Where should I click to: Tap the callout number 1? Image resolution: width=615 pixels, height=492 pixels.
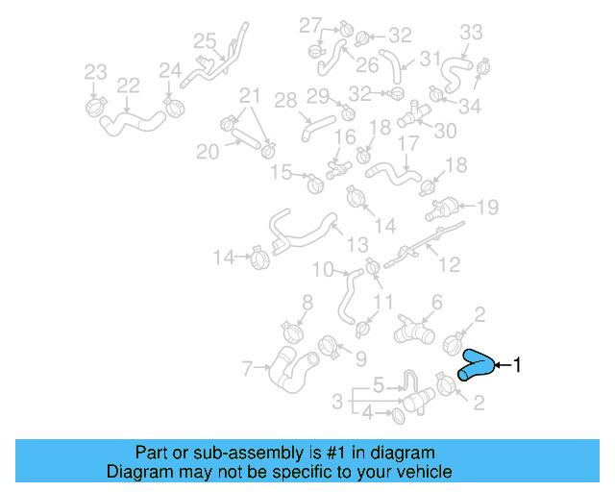(517, 365)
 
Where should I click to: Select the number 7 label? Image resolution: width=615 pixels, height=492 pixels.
(247, 367)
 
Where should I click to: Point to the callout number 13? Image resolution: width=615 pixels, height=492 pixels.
(357, 244)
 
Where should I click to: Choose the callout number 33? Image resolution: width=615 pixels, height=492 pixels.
(471, 33)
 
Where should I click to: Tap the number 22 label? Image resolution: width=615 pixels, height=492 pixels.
(129, 86)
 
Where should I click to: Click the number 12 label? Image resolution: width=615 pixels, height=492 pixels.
(450, 265)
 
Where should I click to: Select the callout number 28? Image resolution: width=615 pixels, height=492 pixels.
(285, 100)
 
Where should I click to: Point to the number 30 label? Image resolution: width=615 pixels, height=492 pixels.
(445, 131)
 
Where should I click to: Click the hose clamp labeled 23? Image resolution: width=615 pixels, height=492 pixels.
(95, 103)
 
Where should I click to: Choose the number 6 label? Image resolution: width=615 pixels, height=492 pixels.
(436, 303)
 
